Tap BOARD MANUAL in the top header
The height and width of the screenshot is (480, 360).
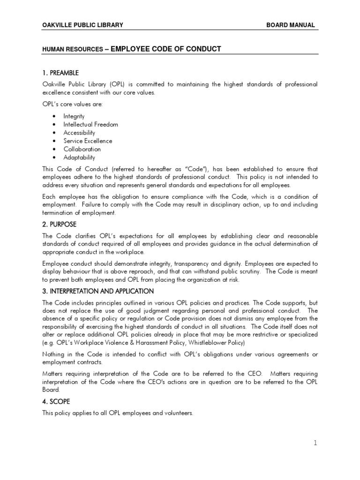click(291, 25)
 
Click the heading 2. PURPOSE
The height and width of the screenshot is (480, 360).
click(59, 225)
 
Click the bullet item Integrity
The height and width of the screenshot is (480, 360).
click(74, 116)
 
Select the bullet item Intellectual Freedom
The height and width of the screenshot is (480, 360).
click(91, 124)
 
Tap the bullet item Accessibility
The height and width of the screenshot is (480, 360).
click(79, 133)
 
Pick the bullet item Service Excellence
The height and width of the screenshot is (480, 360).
click(88, 141)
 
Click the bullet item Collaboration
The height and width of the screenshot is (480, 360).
click(82, 149)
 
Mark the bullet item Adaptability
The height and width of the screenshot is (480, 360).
click(79, 157)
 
